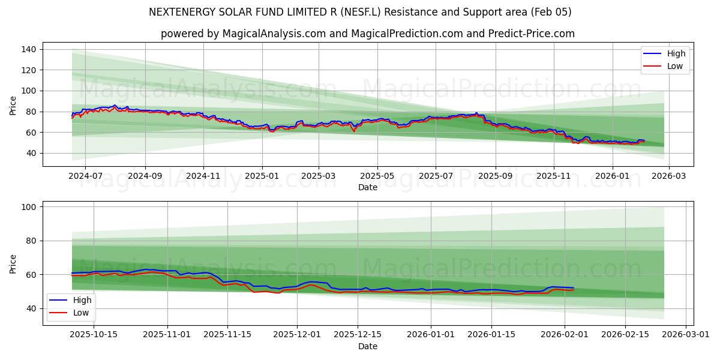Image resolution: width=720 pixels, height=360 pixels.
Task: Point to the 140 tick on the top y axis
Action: (x=29, y=49)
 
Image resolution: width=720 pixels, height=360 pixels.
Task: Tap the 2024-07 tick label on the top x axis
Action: (x=85, y=176)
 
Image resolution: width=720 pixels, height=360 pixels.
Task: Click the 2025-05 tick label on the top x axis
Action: (x=377, y=176)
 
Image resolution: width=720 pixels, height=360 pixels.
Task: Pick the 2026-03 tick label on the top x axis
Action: (x=669, y=176)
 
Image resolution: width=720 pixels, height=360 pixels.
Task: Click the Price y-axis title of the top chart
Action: (x=13, y=105)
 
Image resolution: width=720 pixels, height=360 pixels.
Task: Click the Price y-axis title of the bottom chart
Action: (x=13, y=263)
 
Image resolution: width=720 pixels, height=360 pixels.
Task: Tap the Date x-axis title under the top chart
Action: (x=368, y=187)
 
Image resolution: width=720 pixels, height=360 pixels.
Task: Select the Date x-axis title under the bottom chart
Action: (x=368, y=346)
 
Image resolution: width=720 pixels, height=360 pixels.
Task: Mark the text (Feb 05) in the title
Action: (x=552, y=12)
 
